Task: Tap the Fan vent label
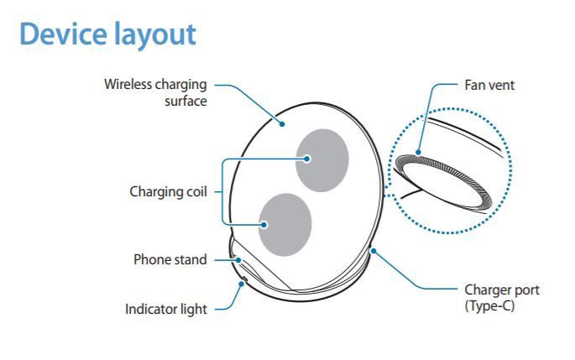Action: pos(489,85)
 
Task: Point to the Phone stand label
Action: pos(170,260)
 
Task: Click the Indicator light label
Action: pos(165,310)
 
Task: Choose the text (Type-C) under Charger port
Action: pos(489,305)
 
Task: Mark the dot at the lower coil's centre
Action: pos(263,225)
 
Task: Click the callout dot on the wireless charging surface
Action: pos(283,123)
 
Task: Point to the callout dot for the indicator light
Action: pos(242,283)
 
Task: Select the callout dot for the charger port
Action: pos(371,250)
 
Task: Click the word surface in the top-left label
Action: pos(187,101)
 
